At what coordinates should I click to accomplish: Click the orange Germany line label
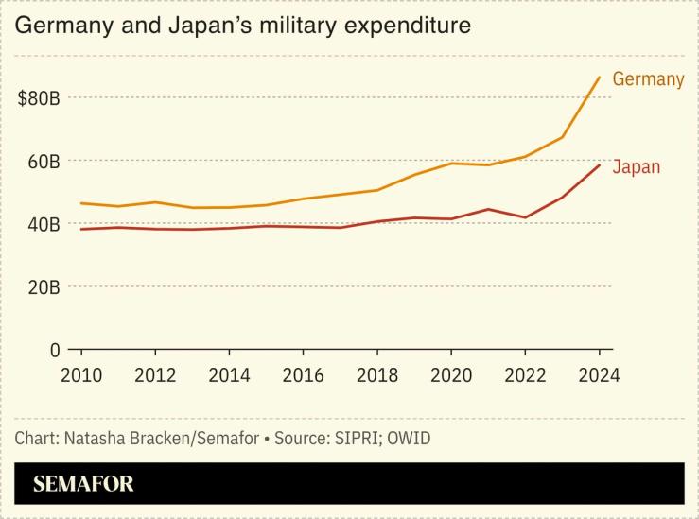(648, 79)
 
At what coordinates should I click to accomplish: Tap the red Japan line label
(636, 167)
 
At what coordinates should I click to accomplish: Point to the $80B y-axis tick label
(39, 98)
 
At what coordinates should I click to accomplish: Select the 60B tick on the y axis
(43, 162)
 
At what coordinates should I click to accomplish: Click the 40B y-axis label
(43, 224)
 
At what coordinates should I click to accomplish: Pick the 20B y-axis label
(43, 286)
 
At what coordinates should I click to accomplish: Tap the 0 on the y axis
(55, 350)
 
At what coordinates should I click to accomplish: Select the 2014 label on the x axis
(229, 374)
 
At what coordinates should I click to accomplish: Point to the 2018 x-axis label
(377, 374)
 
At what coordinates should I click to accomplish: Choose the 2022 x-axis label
(525, 374)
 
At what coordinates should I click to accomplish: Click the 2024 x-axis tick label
(599, 374)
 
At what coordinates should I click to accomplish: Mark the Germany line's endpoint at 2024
(599, 78)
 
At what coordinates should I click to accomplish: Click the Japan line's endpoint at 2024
(599, 165)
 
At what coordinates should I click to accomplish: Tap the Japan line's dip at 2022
(525, 217)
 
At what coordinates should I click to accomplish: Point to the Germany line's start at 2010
(81, 203)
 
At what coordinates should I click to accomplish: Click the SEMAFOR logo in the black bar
(83, 484)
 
